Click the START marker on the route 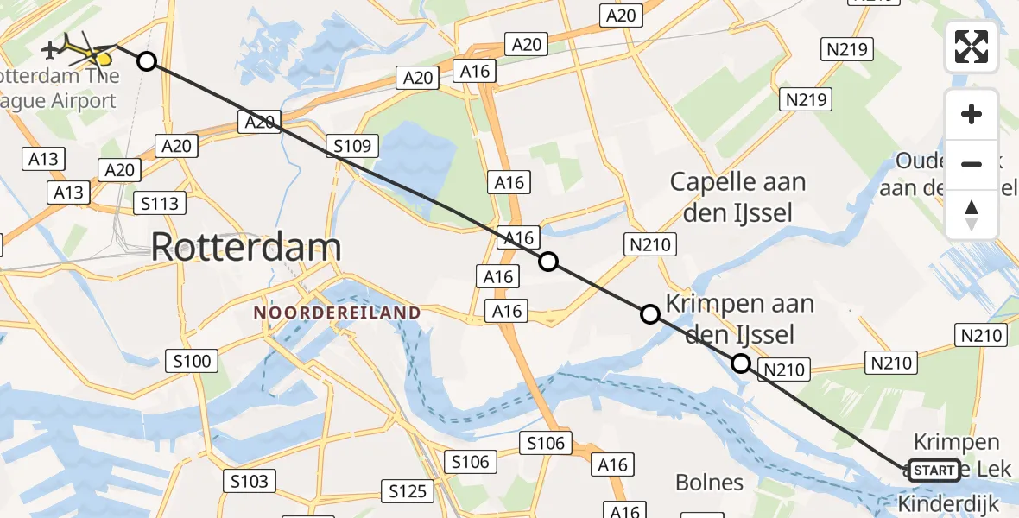934,471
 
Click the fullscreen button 972,47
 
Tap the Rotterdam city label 246,248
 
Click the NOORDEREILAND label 337,313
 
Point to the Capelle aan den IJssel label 737,197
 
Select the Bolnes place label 710,482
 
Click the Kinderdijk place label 948,503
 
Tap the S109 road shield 352,146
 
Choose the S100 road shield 192,361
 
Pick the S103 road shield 249,481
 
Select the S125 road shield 408,491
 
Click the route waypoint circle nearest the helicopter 147,61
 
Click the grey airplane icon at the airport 51,49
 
